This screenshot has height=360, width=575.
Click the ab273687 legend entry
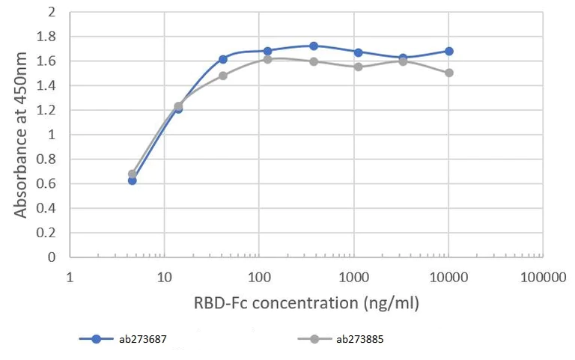point(123,339)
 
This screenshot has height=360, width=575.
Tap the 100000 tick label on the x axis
point(542,278)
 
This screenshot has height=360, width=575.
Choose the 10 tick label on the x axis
point(165,278)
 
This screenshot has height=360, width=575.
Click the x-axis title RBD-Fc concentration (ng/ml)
point(306,304)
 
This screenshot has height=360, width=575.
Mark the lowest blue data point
point(133,180)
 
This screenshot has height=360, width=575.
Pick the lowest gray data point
point(133,174)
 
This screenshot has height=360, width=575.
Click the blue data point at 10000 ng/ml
point(449,51)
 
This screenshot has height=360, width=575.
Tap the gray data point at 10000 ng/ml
point(449,73)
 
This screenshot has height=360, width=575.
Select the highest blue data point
point(314,46)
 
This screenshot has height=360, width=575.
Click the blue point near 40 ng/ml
point(223,59)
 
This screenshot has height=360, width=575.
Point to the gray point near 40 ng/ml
point(223,76)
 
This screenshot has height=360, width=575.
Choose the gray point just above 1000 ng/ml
point(359,67)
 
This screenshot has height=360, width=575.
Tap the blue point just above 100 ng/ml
point(268,51)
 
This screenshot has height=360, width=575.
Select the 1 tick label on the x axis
point(70,278)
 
